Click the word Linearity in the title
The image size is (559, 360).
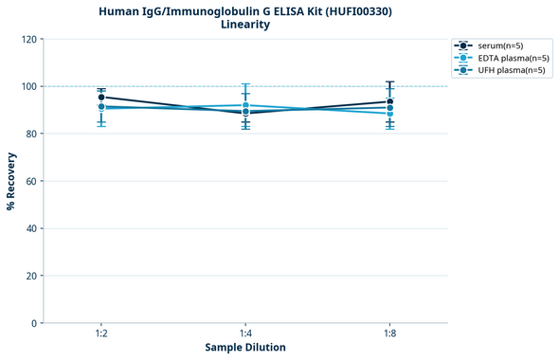(x=245, y=25)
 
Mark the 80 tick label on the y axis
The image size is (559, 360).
(x=28, y=134)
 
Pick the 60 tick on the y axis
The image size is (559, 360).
(x=28, y=181)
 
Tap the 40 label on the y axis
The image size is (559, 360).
(x=28, y=228)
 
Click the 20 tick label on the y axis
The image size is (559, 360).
(x=28, y=276)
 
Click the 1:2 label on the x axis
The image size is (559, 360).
(x=101, y=334)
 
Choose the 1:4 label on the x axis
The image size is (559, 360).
(x=245, y=334)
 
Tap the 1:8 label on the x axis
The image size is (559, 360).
(x=389, y=334)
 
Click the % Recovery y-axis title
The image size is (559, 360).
(x=11, y=181)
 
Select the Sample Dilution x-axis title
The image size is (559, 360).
(x=245, y=348)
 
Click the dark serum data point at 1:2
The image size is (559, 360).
(x=101, y=97)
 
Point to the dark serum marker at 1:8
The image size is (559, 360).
(x=389, y=101)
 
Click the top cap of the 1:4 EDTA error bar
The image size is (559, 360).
(x=245, y=84)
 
